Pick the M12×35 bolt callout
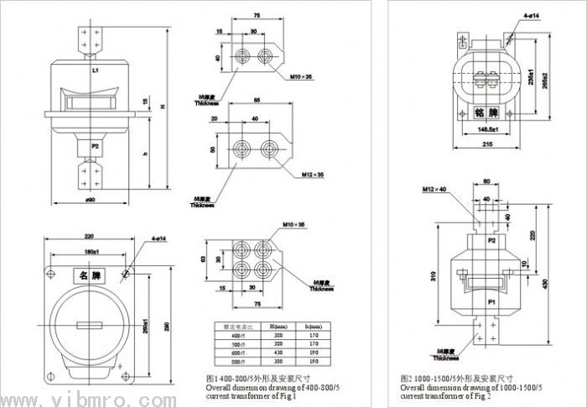point(314,176)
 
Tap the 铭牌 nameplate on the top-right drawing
point(486,112)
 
